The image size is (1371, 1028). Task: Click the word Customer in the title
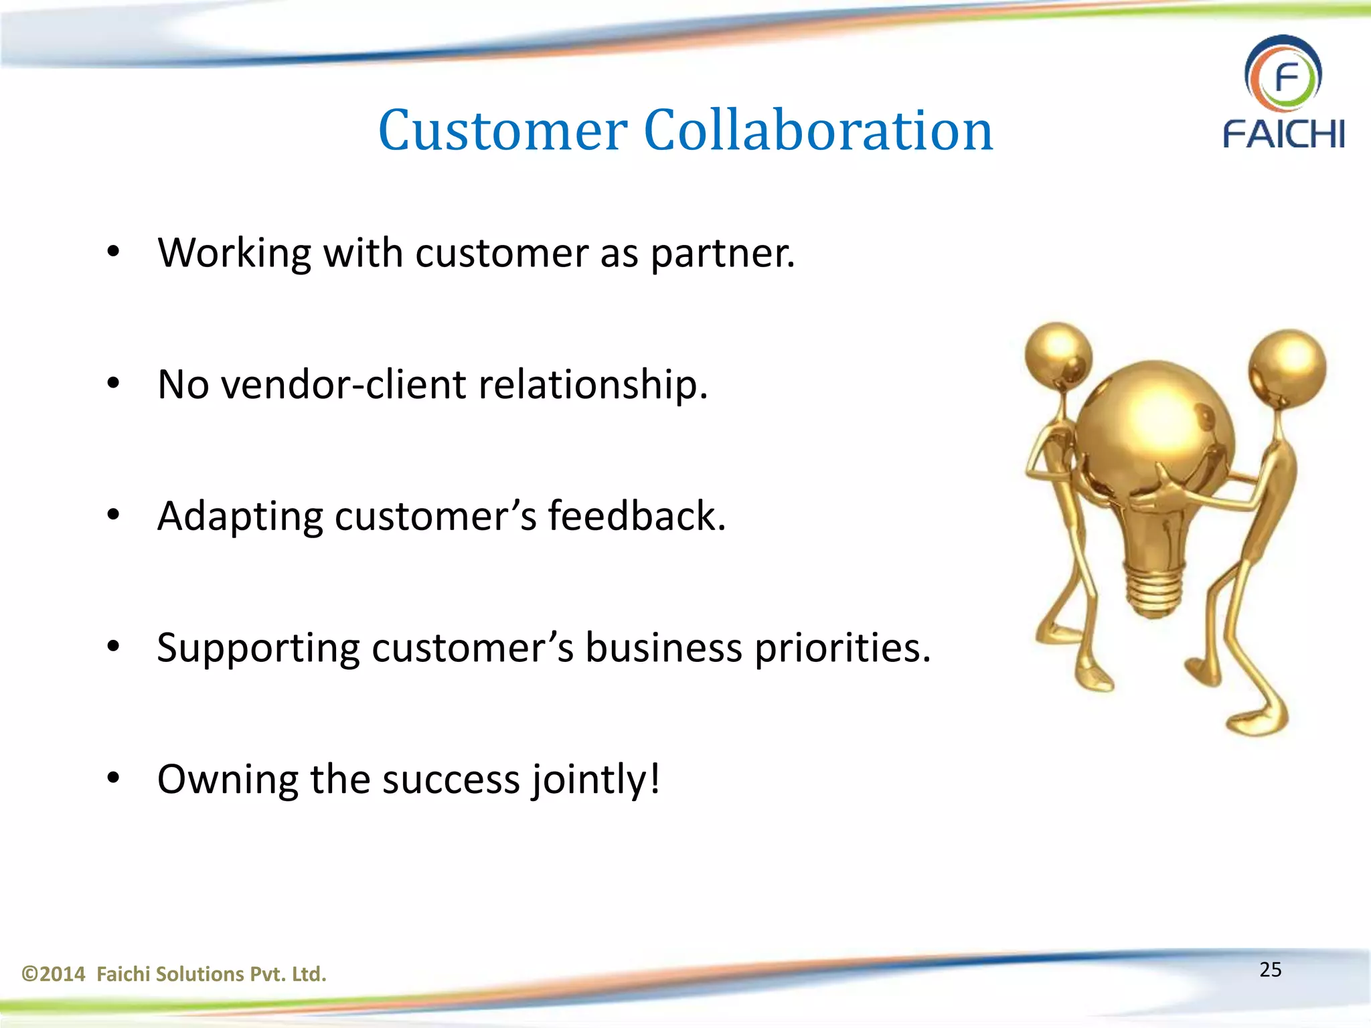point(503,131)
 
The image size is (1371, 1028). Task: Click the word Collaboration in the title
point(818,131)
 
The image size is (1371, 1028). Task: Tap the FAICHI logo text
point(1283,134)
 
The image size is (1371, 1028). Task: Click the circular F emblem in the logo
point(1283,74)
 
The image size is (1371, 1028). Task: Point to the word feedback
point(637,517)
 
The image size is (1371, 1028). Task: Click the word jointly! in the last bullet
point(596,780)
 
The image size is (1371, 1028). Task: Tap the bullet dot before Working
point(113,252)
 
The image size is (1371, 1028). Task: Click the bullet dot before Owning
point(113,778)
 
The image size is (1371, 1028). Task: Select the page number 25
point(1270,970)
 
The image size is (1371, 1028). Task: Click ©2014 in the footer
point(54,974)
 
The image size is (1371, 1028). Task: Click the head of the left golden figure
point(1058,355)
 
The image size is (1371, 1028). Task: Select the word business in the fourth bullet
point(663,649)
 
